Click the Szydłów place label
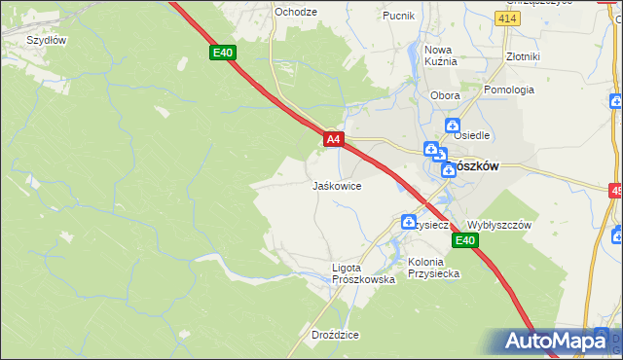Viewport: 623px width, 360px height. (46, 40)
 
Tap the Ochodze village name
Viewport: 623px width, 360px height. (296, 12)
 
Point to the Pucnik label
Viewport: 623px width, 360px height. (398, 16)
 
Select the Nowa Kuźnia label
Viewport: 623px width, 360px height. (440, 55)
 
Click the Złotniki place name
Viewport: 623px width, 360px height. (523, 56)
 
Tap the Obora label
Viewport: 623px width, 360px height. (445, 95)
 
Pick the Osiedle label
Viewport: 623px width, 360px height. (472, 136)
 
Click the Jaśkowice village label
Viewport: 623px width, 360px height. (337, 185)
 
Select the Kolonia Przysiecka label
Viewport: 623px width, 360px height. (433, 268)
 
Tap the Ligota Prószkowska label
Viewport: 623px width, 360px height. (362, 273)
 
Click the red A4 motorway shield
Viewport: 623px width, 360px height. (333, 140)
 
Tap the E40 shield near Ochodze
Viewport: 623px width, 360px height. (223, 53)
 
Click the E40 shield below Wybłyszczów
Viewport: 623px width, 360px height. (465, 241)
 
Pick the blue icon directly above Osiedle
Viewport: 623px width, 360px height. (453, 125)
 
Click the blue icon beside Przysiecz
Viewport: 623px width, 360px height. (409, 223)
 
